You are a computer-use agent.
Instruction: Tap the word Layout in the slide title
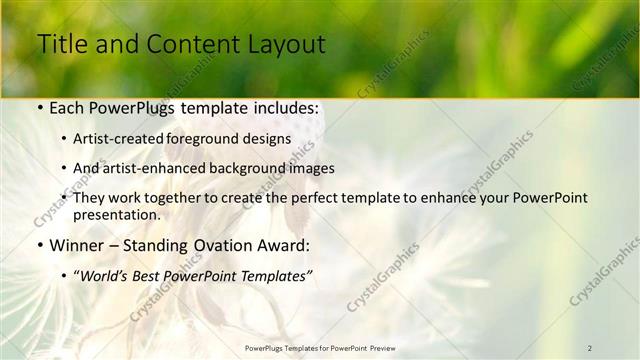(283, 44)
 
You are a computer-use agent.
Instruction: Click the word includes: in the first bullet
(289, 107)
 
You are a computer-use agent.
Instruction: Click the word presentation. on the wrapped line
(116, 215)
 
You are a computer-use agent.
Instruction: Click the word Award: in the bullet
(283, 245)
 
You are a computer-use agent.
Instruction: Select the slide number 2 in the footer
(589, 347)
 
